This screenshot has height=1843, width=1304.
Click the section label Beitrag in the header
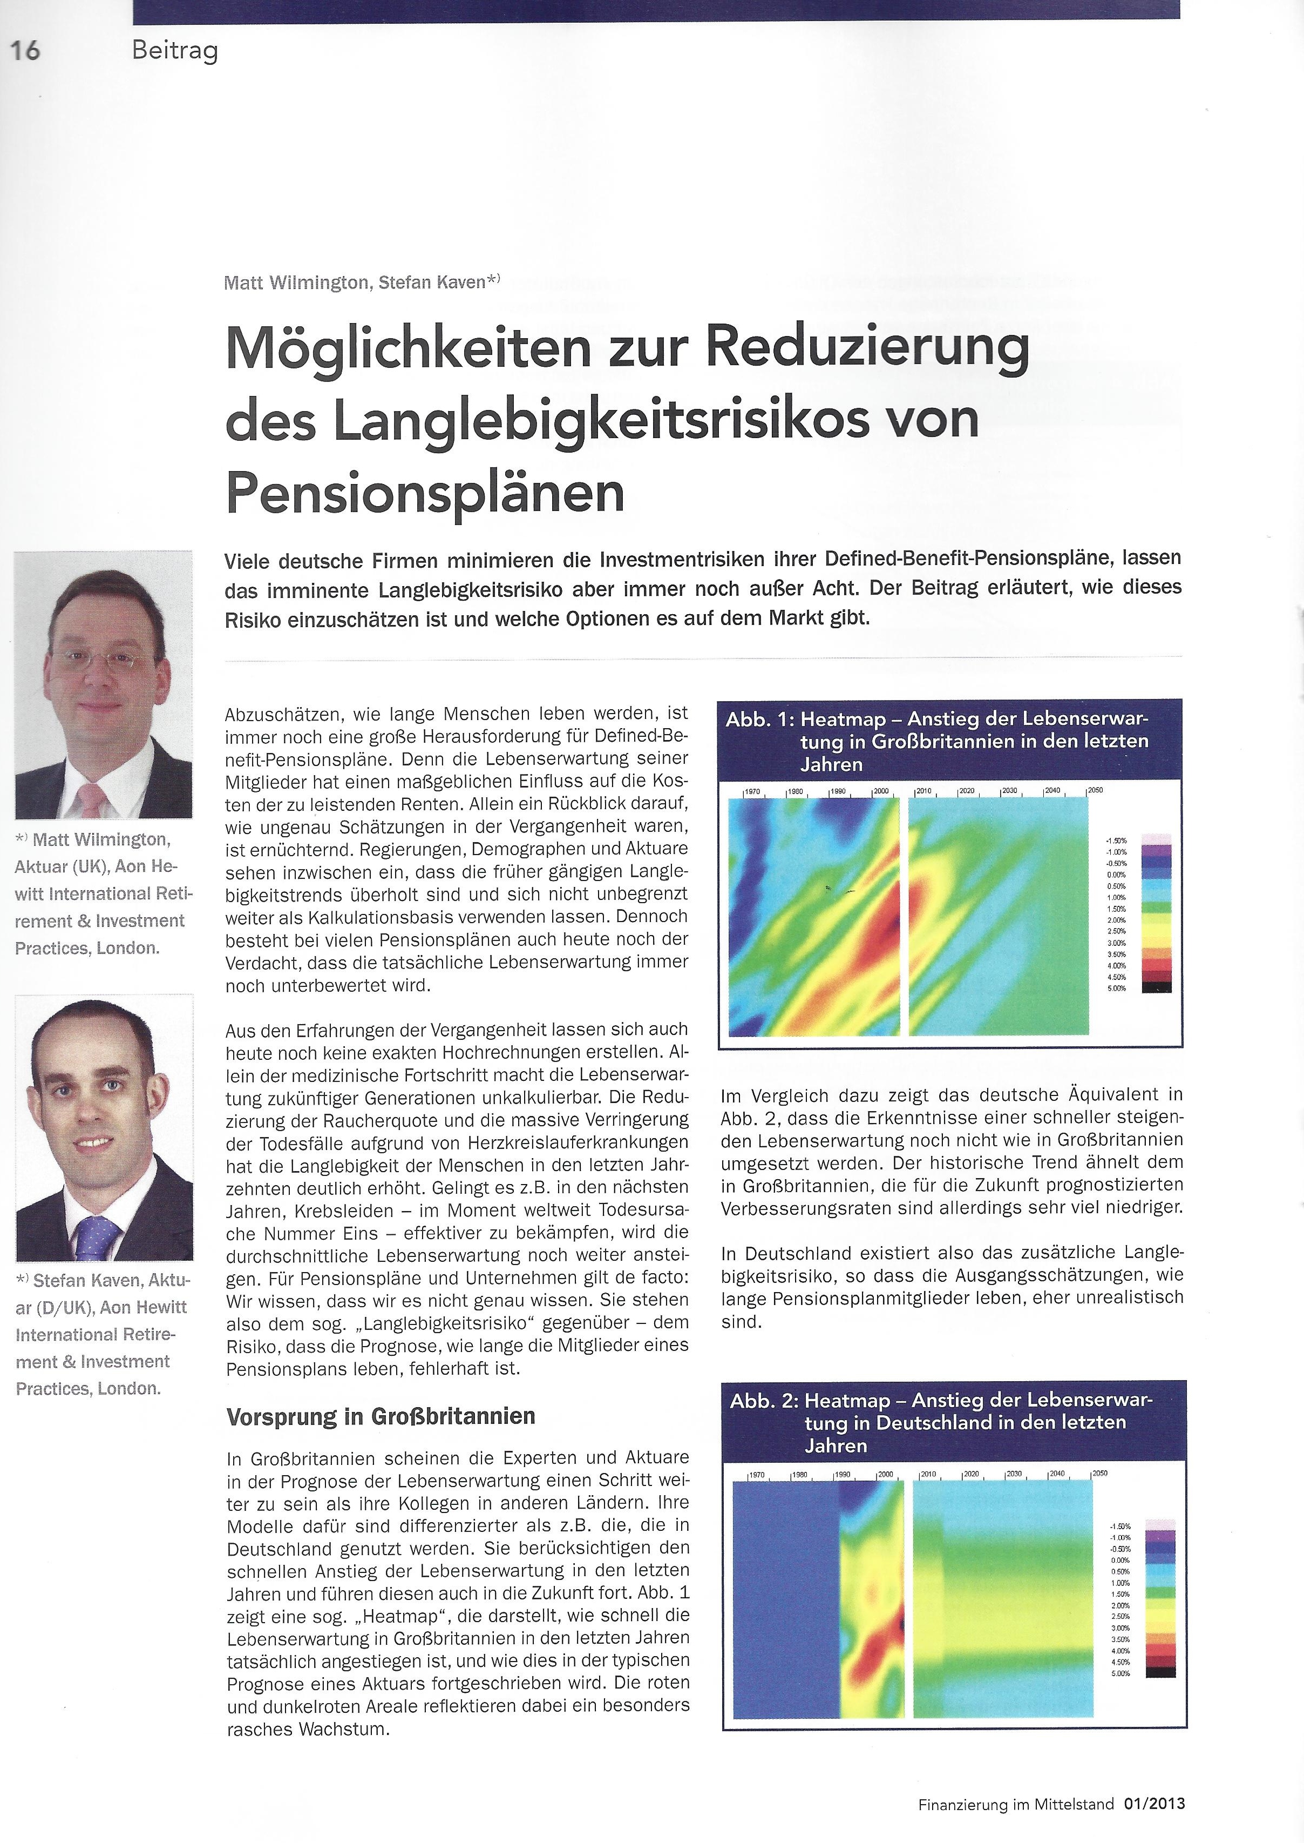(174, 51)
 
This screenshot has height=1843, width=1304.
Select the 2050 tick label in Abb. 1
(1095, 791)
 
